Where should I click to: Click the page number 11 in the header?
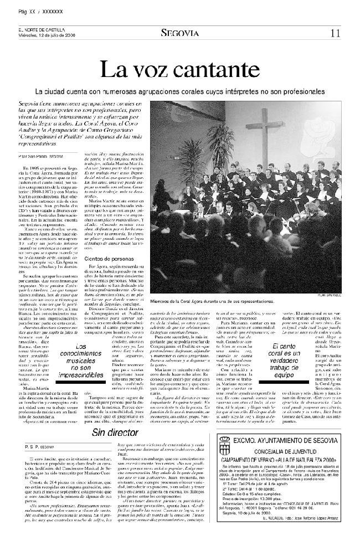[335, 33]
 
